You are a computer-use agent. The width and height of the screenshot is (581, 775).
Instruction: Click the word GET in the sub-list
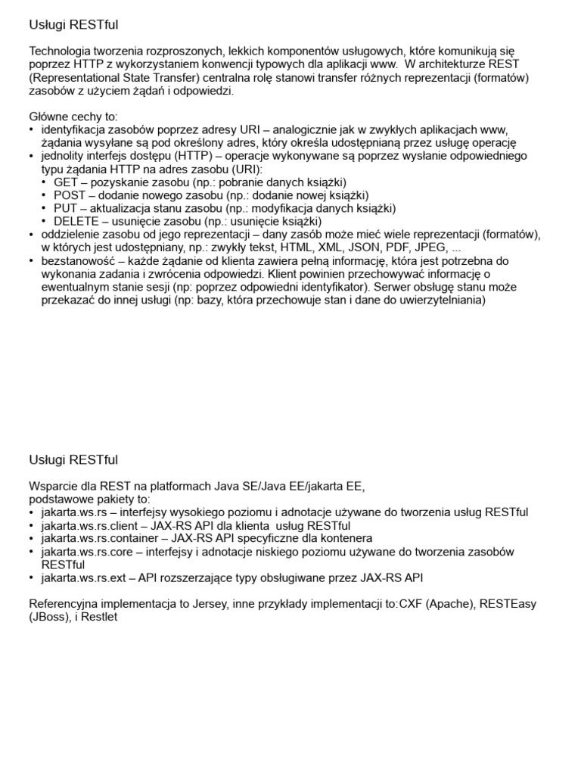point(66,182)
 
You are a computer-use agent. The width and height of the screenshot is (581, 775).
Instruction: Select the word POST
point(70,195)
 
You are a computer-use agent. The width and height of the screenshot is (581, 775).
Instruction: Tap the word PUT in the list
point(65,208)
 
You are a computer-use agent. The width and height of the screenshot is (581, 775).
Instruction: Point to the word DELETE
point(74,221)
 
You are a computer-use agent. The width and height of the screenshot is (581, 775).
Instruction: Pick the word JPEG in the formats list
point(433,247)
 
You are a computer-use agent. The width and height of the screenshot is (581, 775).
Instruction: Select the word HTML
point(297,247)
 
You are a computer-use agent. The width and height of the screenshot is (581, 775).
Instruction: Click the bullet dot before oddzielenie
point(32,235)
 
